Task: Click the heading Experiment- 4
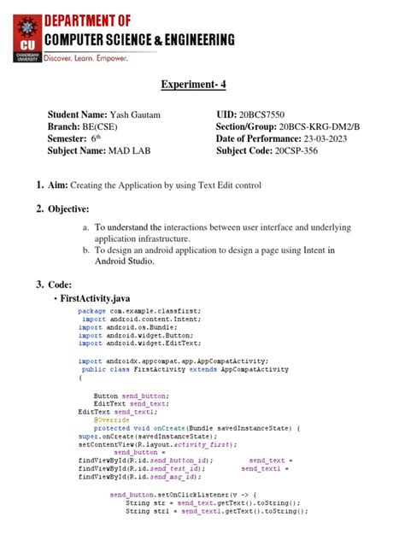pyautogui.click(x=202, y=84)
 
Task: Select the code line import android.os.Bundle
pyautogui.click(x=125, y=328)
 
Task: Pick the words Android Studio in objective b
pyautogui.click(x=125, y=262)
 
